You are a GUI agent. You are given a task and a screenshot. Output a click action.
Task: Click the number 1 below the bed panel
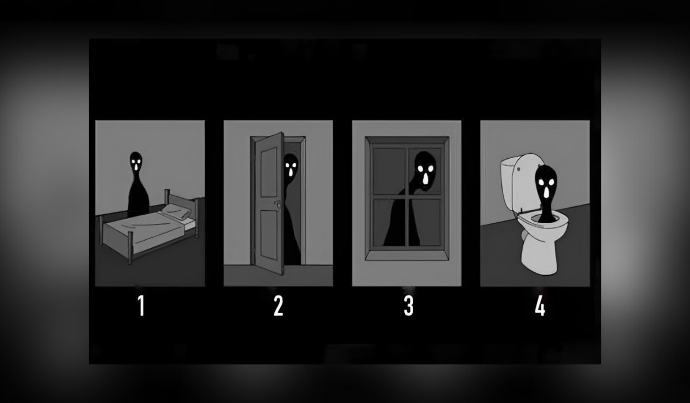tap(141, 306)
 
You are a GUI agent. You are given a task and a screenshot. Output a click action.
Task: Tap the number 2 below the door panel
tap(278, 306)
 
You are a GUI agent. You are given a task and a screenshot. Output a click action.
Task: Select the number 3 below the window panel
tap(408, 306)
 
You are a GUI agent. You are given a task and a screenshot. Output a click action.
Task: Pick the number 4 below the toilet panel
tap(539, 306)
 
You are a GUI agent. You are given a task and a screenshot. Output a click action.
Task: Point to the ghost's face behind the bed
tap(136, 162)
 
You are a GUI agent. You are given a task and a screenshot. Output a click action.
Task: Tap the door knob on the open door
tap(278, 204)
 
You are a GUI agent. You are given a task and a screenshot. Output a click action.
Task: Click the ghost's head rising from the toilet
tap(545, 184)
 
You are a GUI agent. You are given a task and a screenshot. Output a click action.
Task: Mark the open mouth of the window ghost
tap(425, 180)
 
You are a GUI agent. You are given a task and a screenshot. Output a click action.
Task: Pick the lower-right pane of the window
tap(426, 222)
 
